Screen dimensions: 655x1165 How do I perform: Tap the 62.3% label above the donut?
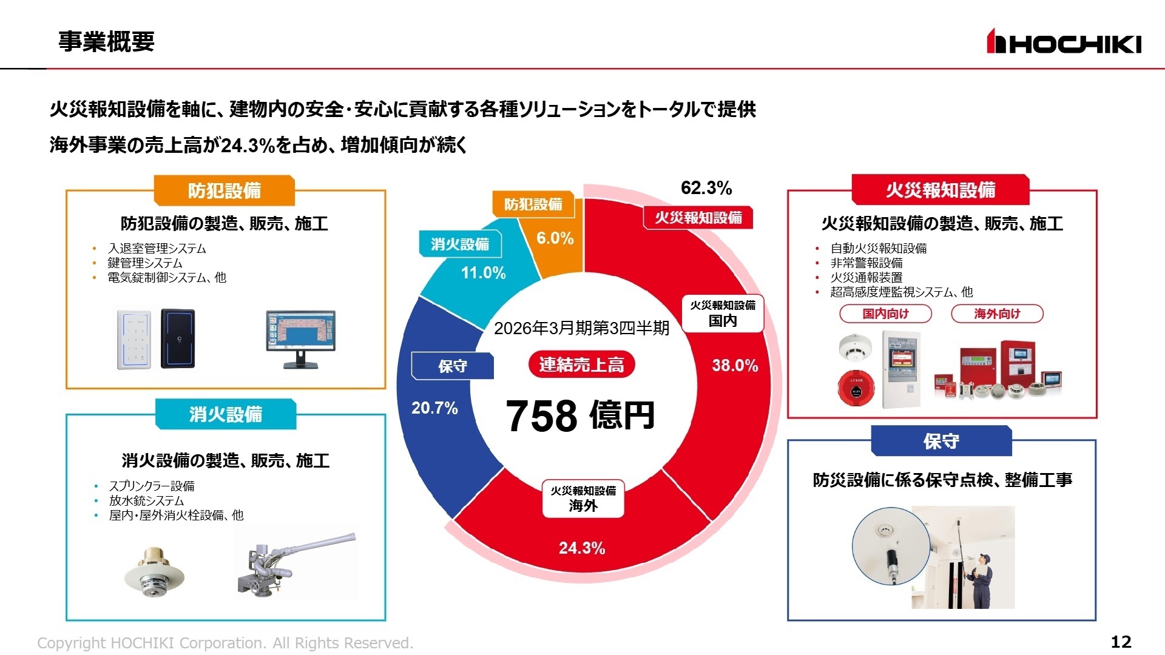[706, 188]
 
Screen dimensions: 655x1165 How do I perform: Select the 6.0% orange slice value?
[555, 238]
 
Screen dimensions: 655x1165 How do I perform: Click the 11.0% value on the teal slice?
[483, 273]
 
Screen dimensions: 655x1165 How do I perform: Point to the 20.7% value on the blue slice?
[434, 408]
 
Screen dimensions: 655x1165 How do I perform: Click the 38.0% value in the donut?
[734, 366]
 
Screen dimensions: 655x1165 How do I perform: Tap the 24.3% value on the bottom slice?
[581, 548]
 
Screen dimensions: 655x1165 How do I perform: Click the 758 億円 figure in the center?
[580, 416]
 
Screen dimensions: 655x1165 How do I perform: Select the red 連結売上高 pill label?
[581, 364]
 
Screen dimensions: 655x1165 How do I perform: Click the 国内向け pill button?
[885, 314]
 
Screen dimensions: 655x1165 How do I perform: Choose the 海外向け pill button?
[997, 314]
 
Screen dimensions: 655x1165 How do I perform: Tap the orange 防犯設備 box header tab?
[225, 191]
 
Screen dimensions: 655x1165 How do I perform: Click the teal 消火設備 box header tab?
[226, 414]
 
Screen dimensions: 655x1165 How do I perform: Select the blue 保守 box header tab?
[941, 441]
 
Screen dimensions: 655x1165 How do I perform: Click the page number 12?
[1121, 642]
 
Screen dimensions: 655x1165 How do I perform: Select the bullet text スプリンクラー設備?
[152, 486]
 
